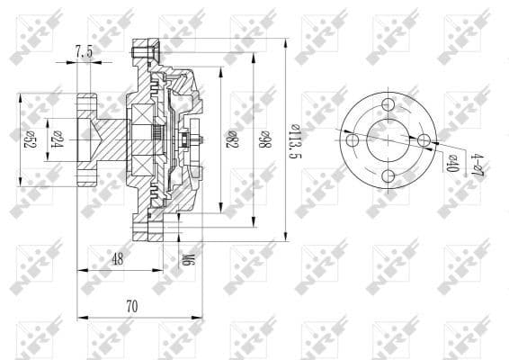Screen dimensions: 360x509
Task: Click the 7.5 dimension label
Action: tap(84, 52)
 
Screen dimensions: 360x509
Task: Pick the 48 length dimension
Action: tap(118, 258)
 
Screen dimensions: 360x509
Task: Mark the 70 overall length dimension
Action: tap(131, 306)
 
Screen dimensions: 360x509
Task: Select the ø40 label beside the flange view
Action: tap(452, 164)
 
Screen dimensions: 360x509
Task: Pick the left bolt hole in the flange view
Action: tap(352, 139)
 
